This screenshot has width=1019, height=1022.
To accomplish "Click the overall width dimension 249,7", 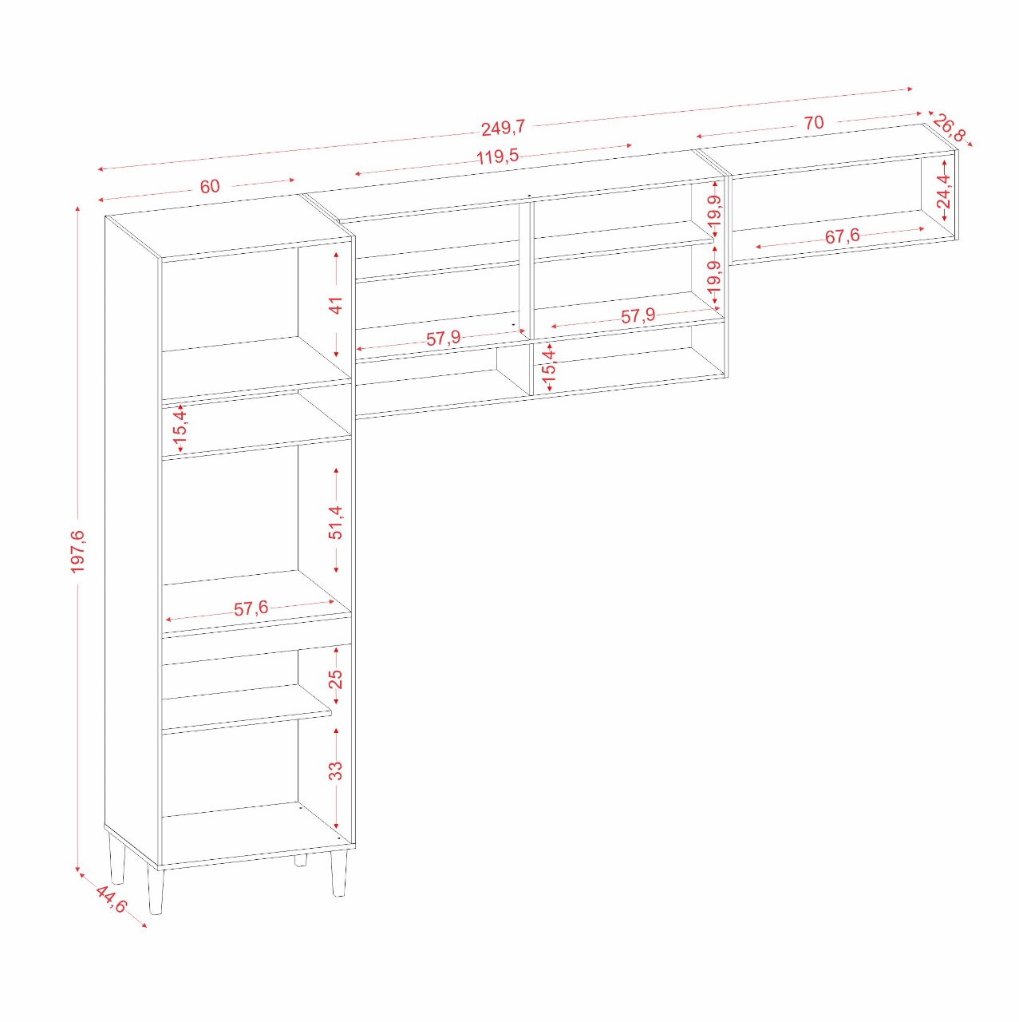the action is click(x=504, y=127).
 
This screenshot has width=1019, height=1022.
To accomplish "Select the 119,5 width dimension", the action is click(x=497, y=156).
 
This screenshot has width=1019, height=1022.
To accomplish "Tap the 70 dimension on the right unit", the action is click(x=814, y=123).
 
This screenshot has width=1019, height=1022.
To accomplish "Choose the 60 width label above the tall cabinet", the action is click(x=209, y=187).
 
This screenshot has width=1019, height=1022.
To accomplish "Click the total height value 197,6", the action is click(x=78, y=551).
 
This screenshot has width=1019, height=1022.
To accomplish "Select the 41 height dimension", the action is click(x=336, y=306).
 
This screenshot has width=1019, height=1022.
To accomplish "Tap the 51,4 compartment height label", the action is click(x=336, y=523).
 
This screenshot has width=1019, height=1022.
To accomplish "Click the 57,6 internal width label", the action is click(x=251, y=608).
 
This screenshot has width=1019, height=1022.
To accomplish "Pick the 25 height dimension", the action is click(x=336, y=679).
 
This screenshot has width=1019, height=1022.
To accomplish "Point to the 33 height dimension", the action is click(x=336, y=770).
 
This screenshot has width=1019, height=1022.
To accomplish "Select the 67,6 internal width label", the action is click(x=842, y=236).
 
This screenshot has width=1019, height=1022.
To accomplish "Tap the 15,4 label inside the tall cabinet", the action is click(x=181, y=427).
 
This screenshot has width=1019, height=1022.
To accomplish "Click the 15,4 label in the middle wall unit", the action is click(x=549, y=367).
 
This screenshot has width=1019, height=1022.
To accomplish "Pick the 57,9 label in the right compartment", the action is click(x=638, y=316).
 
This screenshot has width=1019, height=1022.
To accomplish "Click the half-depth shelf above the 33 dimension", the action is click(x=247, y=707).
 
